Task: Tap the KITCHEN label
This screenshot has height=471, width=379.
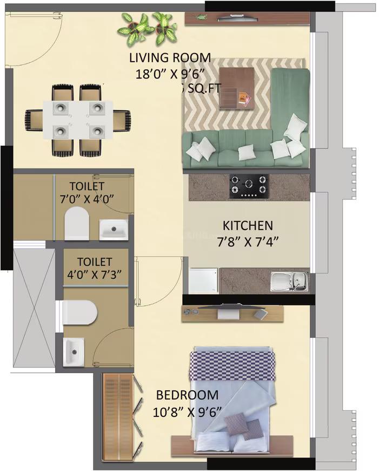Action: click(248, 225)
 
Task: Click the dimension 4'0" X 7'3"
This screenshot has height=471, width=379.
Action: click(94, 273)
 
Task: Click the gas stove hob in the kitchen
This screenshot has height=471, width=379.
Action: click(248, 185)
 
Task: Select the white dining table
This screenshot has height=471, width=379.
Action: click(79, 118)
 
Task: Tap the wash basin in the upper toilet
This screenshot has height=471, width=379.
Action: click(114, 229)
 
